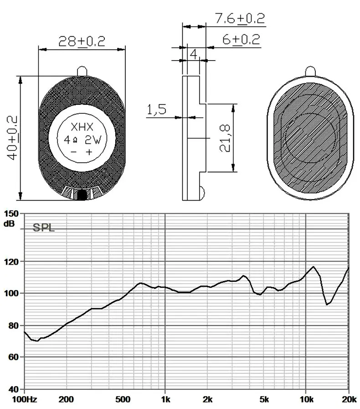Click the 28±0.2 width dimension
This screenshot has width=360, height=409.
(x=82, y=41)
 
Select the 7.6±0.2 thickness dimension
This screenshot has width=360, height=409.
(x=240, y=19)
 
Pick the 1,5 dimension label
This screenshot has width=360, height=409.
(x=156, y=110)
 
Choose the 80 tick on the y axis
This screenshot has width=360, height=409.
(x=12, y=326)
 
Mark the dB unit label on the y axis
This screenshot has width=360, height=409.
(x=9, y=224)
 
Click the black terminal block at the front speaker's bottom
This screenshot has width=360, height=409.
(x=82, y=195)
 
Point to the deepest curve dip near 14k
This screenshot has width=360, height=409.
(x=327, y=304)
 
